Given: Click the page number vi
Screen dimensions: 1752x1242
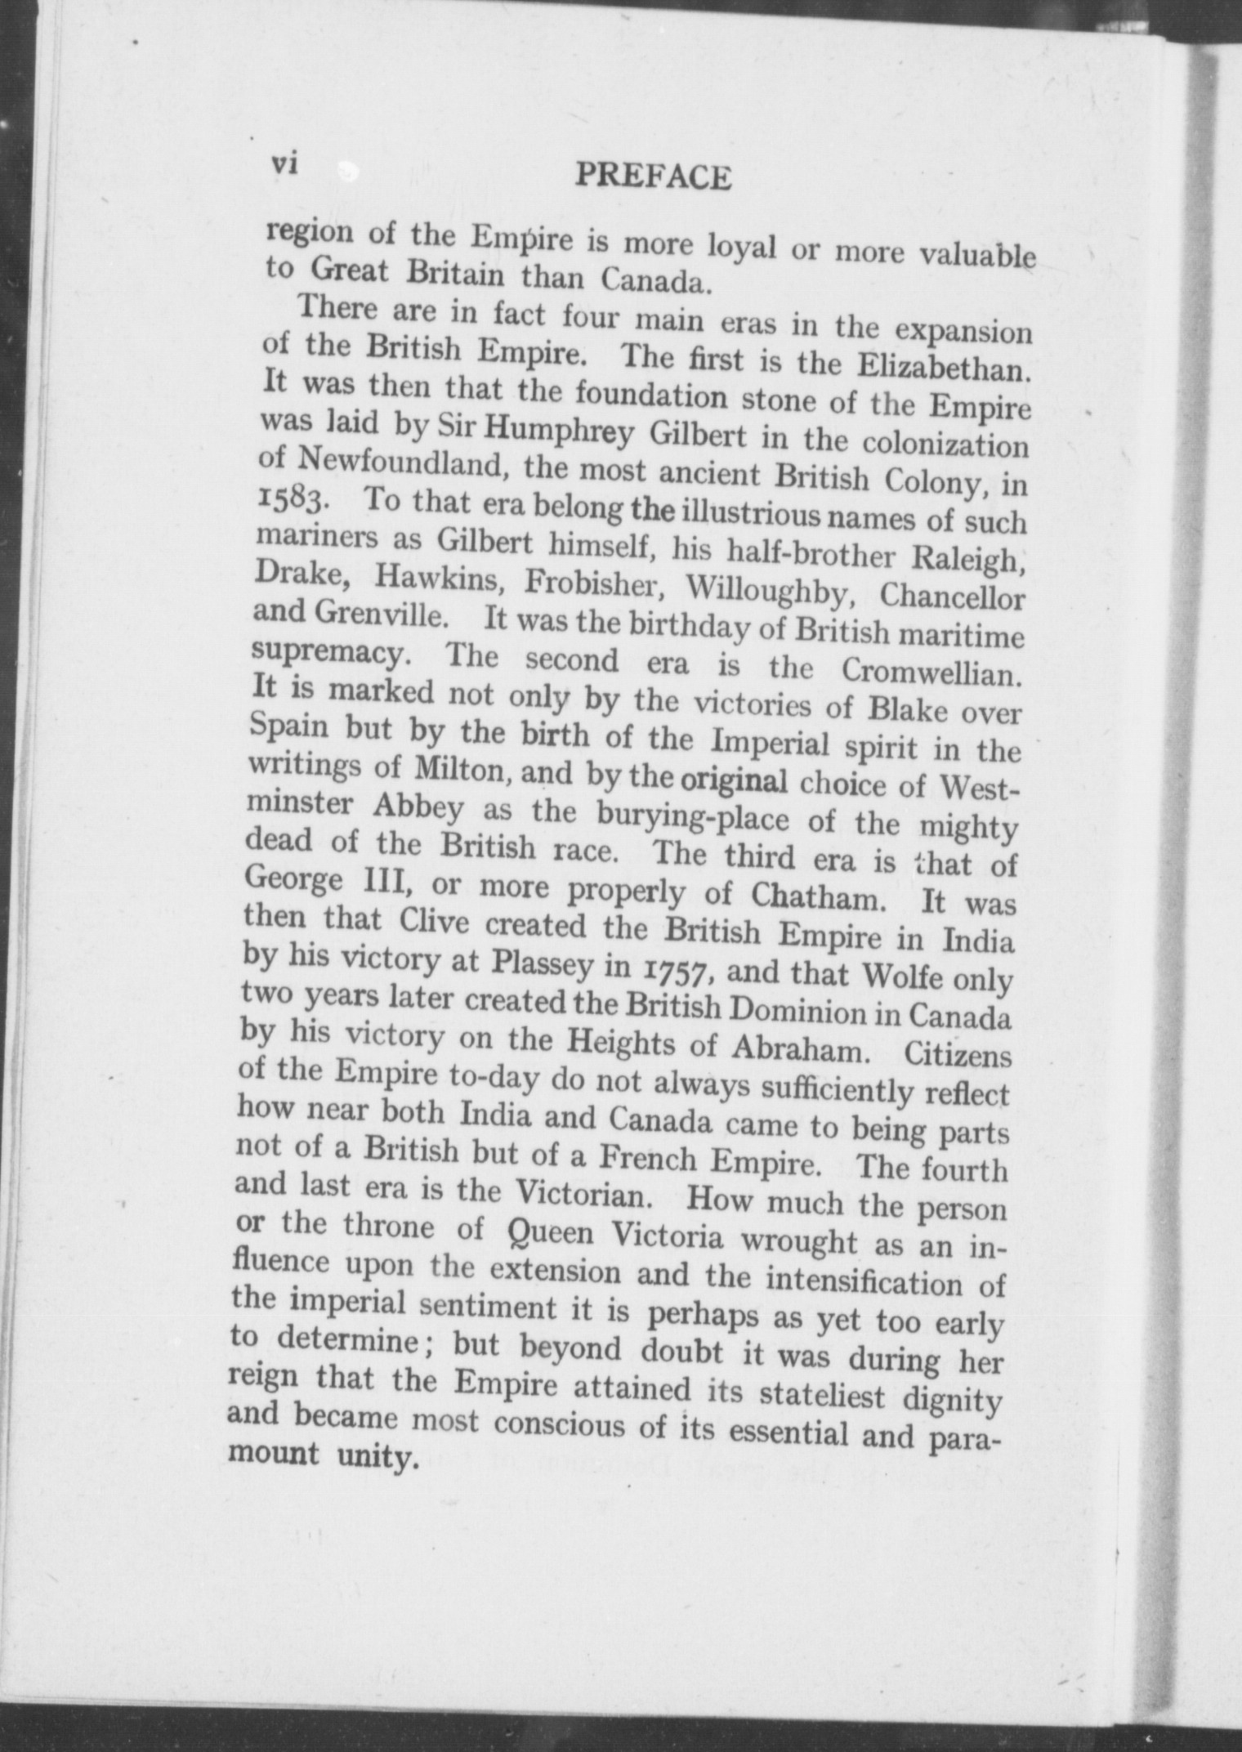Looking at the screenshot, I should (283, 163).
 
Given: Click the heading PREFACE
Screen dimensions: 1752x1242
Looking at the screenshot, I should (652, 177).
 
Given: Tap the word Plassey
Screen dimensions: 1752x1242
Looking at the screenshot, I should (542, 965).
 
